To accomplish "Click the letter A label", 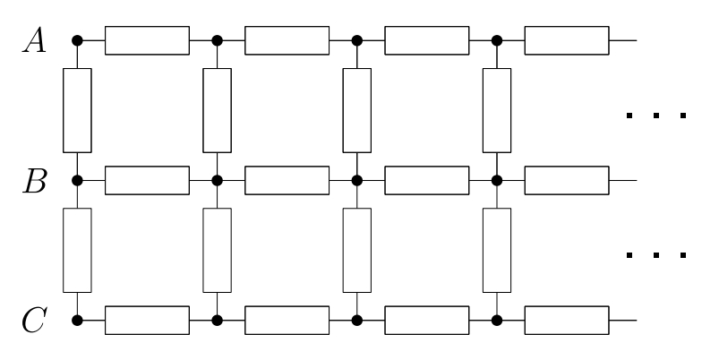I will tap(35, 40).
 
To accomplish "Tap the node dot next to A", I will tap(77, 40).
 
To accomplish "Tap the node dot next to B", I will tap(77, 180).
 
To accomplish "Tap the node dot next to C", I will tap(77, 320).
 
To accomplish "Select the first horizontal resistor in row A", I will tap(147, 40).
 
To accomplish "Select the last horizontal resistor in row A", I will tap(566, 40).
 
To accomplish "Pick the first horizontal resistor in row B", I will tap(147, 180).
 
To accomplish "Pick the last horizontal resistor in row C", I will tap(566, 320).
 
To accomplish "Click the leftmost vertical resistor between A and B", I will tap(77, 110).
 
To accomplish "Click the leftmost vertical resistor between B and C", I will tap(77, 250).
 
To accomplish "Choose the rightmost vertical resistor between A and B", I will tap(496, 110).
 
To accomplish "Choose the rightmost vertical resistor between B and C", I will tap(496, 250).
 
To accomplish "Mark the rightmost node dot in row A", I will tap(496, 40).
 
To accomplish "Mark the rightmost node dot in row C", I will tap(496, 320).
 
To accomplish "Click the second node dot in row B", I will tap(217, 180).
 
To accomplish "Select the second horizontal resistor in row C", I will tap(287, 320).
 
